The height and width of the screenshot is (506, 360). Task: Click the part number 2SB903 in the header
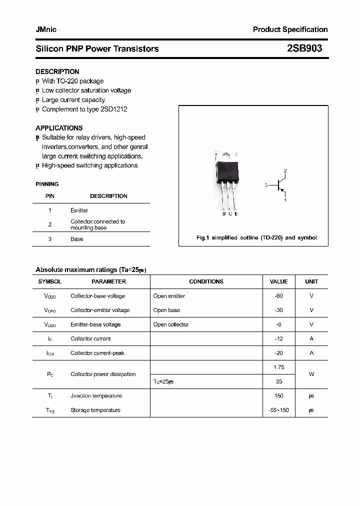pyautogui.click(x=304, y=48)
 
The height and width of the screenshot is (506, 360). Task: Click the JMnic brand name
pyautogui.click(x=46, y=29)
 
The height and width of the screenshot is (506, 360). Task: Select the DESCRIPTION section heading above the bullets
pyautogui.click(x=57, y=71)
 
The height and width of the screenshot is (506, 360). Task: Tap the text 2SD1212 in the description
pyautogui.click(x=114, y=109)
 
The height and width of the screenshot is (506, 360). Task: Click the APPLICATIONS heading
pyautogui.click(x=59, y=128)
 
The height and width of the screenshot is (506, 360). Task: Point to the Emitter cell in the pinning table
pyautogui.click(x=79, y=210)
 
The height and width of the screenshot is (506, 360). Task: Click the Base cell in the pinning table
pyautogui.click(x=76, y=239)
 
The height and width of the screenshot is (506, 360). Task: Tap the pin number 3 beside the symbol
pyautogui.click(x=266, y=185)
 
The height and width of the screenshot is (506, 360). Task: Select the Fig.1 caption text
pyautogui.click(x=256, y=238)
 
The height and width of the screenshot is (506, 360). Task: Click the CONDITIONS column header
pyautogui.click(x=206, y=281)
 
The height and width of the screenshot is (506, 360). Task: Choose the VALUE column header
pyautogui.click(x=278, y=281)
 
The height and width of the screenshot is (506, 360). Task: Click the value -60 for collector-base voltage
pyautogui.click(x=278, y=296)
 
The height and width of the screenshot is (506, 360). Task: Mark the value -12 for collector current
pyautogui.click(x=278, y=338)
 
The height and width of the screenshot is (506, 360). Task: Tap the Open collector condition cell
pyautogui.click(x=170, y=324)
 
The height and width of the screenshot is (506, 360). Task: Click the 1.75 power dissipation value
pyautogui.click(x=278, y=367)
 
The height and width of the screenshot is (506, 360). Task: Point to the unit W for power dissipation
pyautogui.click(x=311, y=374)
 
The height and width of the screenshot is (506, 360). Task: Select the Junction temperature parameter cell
pyautogui.click(x=96, y=396)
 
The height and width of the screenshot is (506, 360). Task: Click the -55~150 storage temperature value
pyautogui.click(x=278, y=410)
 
